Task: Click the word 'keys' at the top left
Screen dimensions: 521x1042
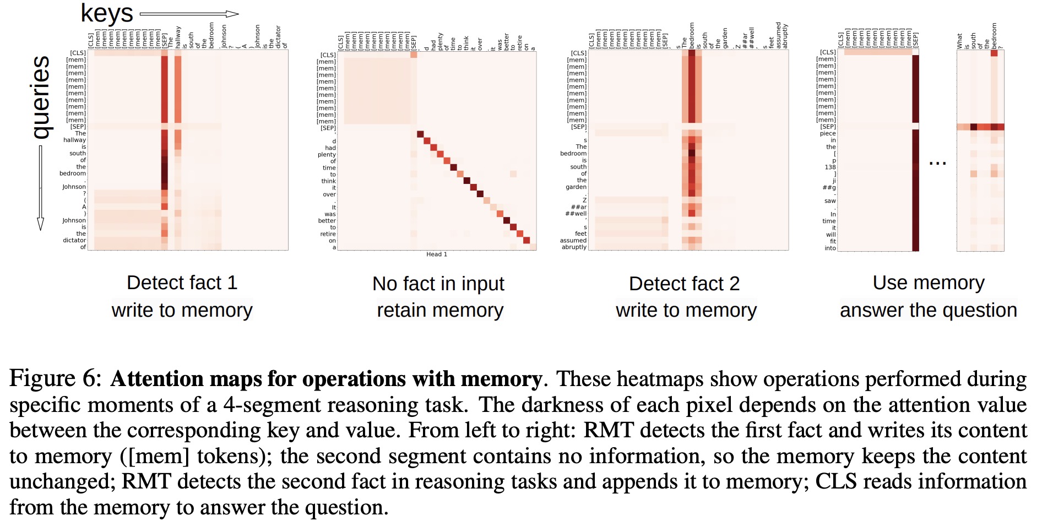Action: click(x=107, y=13)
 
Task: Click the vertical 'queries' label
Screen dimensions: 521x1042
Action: click(x=41, y=97)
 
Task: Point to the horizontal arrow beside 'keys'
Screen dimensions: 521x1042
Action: click(x=189, y=14)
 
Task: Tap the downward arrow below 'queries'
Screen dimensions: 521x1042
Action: click(x=40, y=187)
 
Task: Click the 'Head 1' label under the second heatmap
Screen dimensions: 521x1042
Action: click(x=437, y=254)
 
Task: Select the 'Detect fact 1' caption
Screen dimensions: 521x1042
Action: click(x=182, y=283)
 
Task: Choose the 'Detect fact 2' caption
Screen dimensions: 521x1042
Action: click(x=684, y=284)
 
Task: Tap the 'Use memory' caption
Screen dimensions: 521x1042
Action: click(x=929, y=283)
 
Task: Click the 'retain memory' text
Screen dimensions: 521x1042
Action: click(x=440, y=311)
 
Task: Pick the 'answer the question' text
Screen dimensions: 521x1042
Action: click(x=928, y=311)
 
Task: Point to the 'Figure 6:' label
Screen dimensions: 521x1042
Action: click(x=56, y=379)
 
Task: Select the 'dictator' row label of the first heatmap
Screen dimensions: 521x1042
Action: click(x=74, y=240)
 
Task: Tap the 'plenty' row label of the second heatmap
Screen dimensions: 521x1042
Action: click(x=327, y=154)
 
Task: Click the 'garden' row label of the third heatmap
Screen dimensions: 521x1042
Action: click(x=576, y=187)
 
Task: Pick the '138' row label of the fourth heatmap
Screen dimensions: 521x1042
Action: click(x=830, y=167)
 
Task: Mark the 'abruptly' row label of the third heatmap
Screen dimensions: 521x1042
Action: click(x=574, y=247)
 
